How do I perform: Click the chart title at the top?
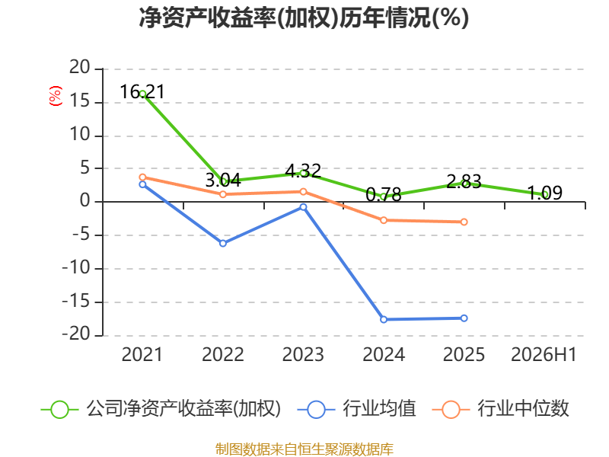point(304,18)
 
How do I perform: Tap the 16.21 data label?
point(142,91)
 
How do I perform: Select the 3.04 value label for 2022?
point(223,180)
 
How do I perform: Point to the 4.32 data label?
point(303,171)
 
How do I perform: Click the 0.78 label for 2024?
point(384,194)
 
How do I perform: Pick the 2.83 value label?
point(464,181)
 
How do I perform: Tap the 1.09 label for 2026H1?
point(544,193)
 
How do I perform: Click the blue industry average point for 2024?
point(384,319)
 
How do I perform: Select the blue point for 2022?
point(223,243)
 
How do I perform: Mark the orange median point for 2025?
point(464,222)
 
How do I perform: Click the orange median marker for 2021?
point(142,177)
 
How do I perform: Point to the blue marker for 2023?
point(303,207)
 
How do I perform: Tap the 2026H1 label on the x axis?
point(544,354)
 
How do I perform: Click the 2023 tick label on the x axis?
point(303,354)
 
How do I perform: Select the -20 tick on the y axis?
point(76,334)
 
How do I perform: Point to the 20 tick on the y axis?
point(80,68)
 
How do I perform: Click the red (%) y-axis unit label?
point(55,96)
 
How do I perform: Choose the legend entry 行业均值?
point(356,409)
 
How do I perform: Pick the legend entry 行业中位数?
point(500,409)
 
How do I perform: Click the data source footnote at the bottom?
point(304,449)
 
